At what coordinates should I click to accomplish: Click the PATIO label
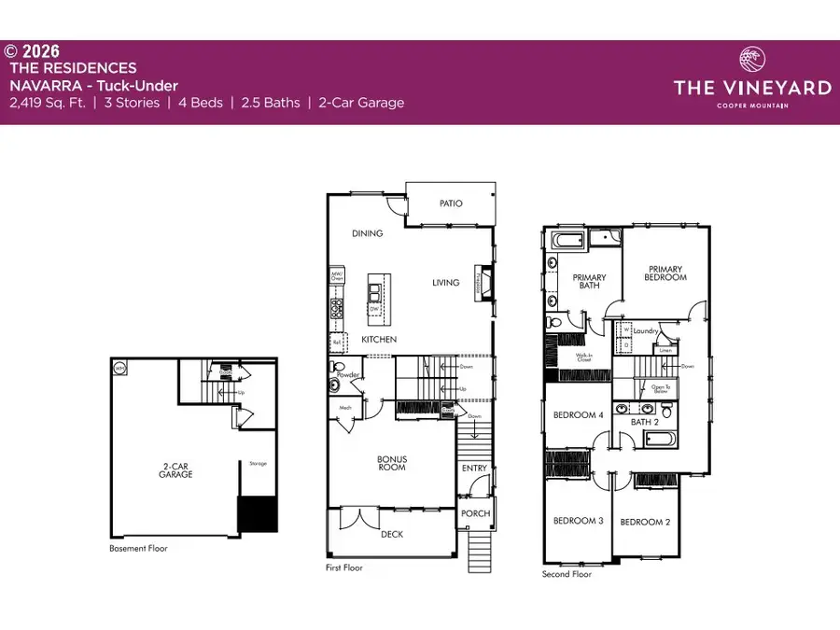pyautogui.click(x=451, y=203)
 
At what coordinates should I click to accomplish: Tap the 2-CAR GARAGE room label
pyautogui.click(x=175, y=469)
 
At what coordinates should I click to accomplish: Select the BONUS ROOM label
pyautogui.click(x=391, y=462)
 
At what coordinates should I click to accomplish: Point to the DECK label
pyautogui.click(x=391, y=534)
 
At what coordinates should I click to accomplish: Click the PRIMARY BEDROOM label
pyautogui.click(x=666, y=273)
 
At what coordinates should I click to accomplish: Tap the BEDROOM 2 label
pyautogui.click(x=645, y=522)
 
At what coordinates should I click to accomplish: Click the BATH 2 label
pyautogui.click(x=645, y=422)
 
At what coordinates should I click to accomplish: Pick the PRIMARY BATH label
pyautogui.click(x=589, y=282)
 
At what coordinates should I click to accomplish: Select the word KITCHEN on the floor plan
pyautogui.click(x=379, y=339)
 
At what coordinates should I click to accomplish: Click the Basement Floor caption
pyautogui.click(x=138, y=549)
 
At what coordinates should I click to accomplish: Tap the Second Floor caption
pyautogui.click(x=567, y=574)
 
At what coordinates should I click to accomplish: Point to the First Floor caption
pyautogui.click(x=344, y=567)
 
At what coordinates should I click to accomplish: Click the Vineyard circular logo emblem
pyautogui.click(x=751, y=61)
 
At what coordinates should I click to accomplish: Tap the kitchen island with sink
pyautogui.click(x=376, y=297)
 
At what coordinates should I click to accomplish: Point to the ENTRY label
pyautogui.click(x=474, y=469)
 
